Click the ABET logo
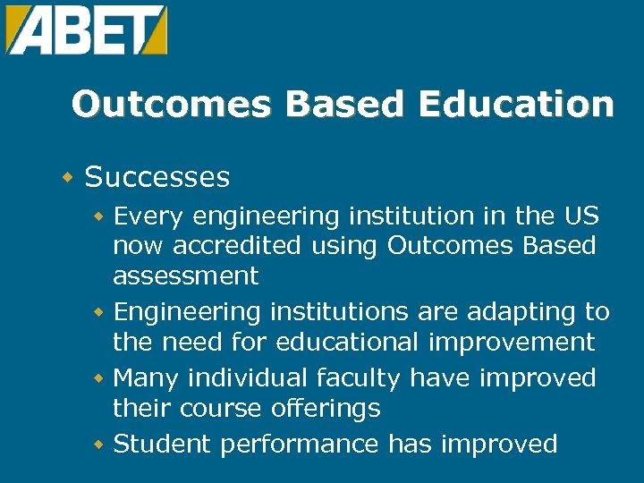[86, 30]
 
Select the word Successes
[157, 177]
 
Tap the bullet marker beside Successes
[67, 177]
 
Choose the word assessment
[185, 276]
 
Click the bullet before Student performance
[100, 445]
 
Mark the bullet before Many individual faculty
[100, 378]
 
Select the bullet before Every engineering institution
[100, 216]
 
